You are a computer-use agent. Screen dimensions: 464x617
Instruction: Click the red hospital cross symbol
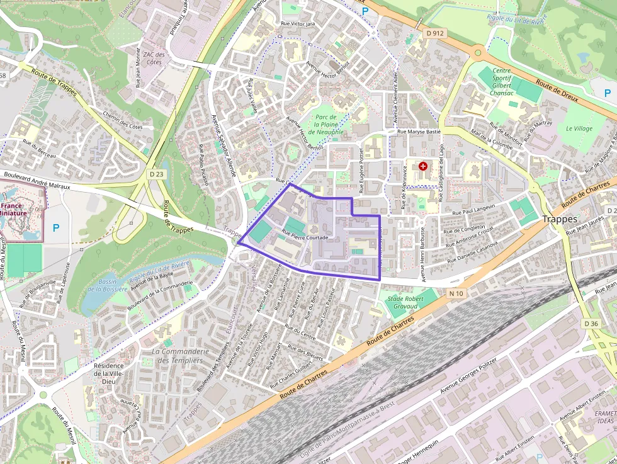point(423,166)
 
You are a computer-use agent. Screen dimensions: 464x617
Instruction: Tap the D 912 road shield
point(434,33)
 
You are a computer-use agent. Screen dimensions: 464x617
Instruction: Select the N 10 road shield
point(456,293)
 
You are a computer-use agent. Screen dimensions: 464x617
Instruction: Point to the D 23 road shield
point(157,173)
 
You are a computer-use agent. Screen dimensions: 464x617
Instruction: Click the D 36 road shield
point(591,323)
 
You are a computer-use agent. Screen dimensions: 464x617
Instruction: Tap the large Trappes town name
point(559,219)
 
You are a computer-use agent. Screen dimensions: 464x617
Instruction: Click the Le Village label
point(579,128)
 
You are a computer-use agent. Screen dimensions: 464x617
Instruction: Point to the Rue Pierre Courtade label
point(305,234)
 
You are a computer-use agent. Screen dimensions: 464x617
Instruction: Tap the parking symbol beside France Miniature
point(56,228)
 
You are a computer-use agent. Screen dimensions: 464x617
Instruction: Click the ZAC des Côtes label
point(154,58)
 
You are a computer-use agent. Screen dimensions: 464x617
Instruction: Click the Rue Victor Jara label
point(292,24)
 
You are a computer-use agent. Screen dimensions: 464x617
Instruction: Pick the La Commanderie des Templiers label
point(180,356)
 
